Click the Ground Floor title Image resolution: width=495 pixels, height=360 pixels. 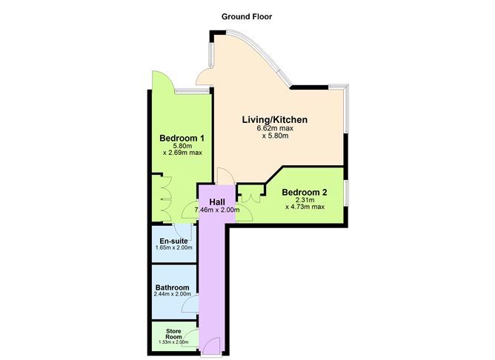(x=247, y=16)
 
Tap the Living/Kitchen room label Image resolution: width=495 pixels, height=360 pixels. (x=275, y=119)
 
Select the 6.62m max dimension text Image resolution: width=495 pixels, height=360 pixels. (x=275, y=127)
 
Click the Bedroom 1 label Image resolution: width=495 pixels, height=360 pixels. (x=182, y=138)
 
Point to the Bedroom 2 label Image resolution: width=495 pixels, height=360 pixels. (x=305, y=192)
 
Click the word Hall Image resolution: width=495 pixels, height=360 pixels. (x=217, y=201)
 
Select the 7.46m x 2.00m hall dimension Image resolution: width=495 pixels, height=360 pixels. (x=217, y=210)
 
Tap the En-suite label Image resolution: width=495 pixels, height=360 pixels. (x=173, y=240)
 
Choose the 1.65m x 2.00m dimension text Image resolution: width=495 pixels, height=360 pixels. (x=173, y=247)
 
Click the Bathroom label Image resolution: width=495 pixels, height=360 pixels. (x=172, y=287)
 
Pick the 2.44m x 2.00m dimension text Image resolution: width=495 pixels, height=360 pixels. (x=173, y=295)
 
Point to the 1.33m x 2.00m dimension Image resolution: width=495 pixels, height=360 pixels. (x=173, y=342)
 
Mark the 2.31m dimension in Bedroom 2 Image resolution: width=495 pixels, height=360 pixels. (x=305, y=199)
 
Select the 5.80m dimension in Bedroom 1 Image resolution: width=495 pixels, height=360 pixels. (x=182, y=146)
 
